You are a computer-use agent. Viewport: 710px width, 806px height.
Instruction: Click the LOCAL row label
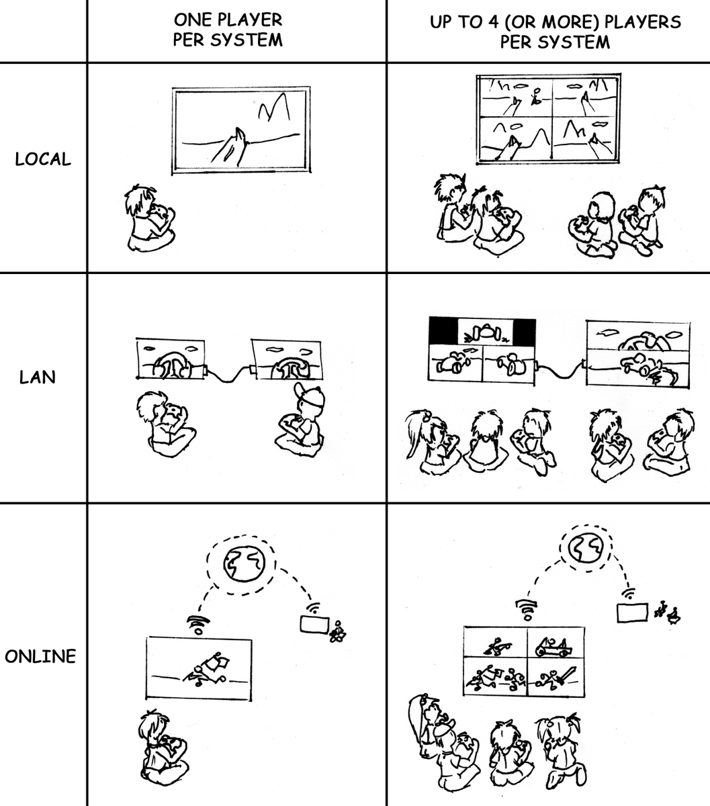(42, 159)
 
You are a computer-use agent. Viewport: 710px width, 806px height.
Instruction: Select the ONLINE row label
(40, 656)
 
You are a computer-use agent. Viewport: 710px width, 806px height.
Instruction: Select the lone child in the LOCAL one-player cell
(149, 218)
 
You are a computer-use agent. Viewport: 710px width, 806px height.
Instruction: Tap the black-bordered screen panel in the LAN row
(482, 331)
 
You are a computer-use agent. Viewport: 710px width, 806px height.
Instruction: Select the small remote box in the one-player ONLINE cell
(313, 625)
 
